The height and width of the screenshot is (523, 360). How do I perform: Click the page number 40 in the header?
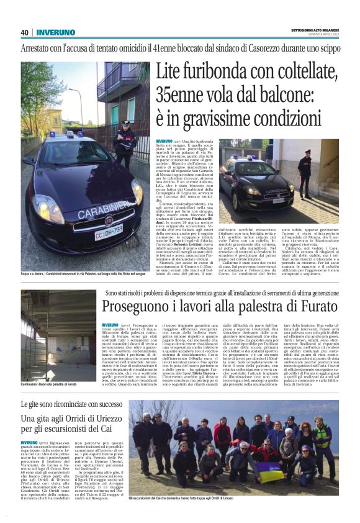(x=24, y=32)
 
